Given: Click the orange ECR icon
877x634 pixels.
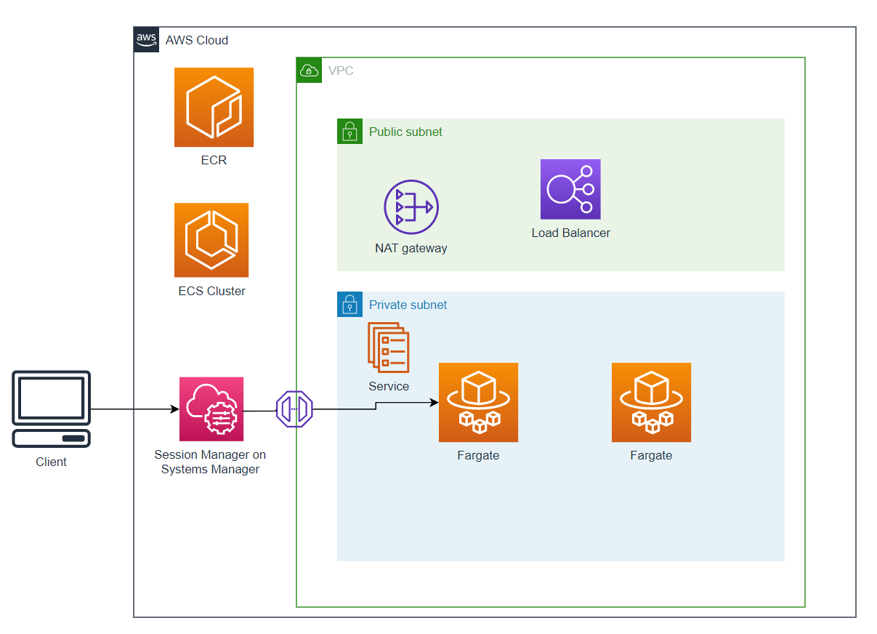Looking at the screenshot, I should pyautogui.click(x=214, y=107).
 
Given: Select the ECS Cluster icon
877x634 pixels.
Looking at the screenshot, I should pyautogui.click(x=211, y=240).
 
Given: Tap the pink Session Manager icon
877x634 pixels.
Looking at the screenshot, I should pyautogui.click(x=211, y=409).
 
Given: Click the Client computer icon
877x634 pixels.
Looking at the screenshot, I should pyautogui.click(x=52, y=409).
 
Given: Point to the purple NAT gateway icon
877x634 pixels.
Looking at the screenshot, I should pyautogui.click(x=411, y=207).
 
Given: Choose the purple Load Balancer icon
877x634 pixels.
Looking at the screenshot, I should pyautogui.click(x=570, y=189).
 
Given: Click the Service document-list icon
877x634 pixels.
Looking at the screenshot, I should pyautogui.click(x=389, y=348).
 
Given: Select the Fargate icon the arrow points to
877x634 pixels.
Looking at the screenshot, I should pyautogui.click(x=478, y=402).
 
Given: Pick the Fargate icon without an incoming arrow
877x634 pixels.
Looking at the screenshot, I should pyautogui.click(x=651, y=402).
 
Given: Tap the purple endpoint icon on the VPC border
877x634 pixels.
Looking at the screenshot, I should pyautogui.click(x=294, y=409).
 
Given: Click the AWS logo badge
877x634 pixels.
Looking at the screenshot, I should pyautogui.click(x=146, y=40).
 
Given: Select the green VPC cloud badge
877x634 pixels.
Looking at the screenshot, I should pyautogui.click(x=309, y=70).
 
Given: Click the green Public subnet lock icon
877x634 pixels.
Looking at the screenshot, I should pyautogui.click(x=349, y=132).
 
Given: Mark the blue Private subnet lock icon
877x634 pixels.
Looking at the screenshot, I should pyautogui.click(x=349, y=304).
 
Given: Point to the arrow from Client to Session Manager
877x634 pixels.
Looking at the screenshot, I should pyautogui.click(x=134, y=409).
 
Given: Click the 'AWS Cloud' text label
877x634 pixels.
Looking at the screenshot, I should pyautogui.click(x=197, y=41).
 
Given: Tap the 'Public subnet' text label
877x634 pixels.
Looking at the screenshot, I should pyautogui.click(x=405, y=132).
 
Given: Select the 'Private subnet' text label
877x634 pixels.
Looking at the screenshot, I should pyautogui.click(x=408, y=305).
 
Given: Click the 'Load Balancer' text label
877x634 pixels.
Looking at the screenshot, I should pyautogui.click(x=570, y=233).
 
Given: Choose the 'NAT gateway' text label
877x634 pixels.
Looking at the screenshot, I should pyautogui.click(x=411, y=249).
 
